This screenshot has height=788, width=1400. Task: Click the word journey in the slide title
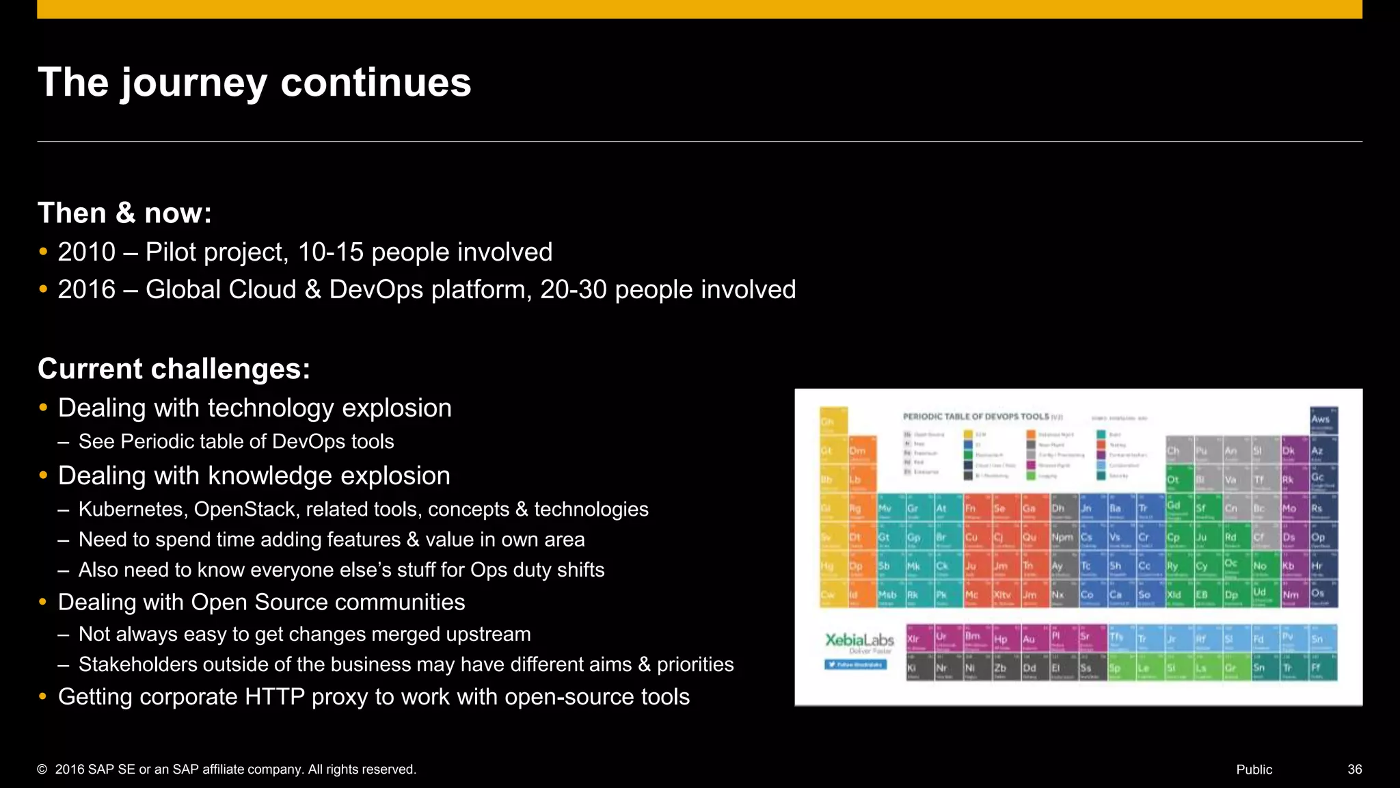[x=193, y=83]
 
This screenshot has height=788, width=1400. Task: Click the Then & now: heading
[x=124, y=213]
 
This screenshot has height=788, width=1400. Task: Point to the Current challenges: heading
[x=174, y=369]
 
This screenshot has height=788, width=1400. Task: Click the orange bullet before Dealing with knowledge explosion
[x=43, y=475]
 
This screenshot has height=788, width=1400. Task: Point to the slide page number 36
[x=1354, y=770]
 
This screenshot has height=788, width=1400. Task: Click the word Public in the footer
[x=1254, y=770]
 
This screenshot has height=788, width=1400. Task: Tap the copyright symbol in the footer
[x=42, y=770]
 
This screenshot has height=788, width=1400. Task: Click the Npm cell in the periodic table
[x=1062, y=538]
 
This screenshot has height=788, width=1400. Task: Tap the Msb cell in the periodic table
[x=887, y=595]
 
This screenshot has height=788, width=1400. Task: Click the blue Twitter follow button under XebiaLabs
[x=855, y=664]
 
